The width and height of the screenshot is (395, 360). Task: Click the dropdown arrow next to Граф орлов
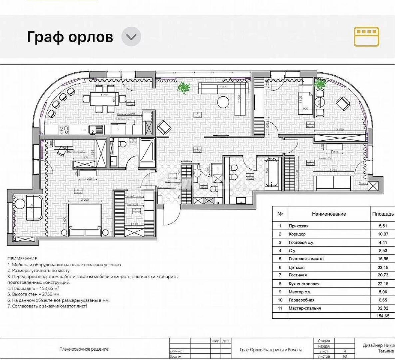tap(131, 37)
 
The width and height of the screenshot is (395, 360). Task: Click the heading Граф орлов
tap(70, 37)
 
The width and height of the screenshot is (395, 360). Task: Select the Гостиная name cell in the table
tap(298, 275)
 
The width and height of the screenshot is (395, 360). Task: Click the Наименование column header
tap(329, 214)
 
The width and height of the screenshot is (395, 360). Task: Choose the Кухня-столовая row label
tap(304, 284)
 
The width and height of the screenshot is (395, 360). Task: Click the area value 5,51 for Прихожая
tap(383, 226)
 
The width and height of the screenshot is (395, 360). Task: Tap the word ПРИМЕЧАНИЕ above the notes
tap(22, 259)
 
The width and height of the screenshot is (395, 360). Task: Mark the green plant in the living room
tap(183, 88)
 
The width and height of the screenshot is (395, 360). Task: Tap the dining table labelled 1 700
tap(104, 99)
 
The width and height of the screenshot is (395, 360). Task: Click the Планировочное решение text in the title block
tap(84, 349)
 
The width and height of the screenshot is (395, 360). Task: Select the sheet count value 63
tap(345, 356)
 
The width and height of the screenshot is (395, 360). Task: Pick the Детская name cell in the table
tap(296, 267)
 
